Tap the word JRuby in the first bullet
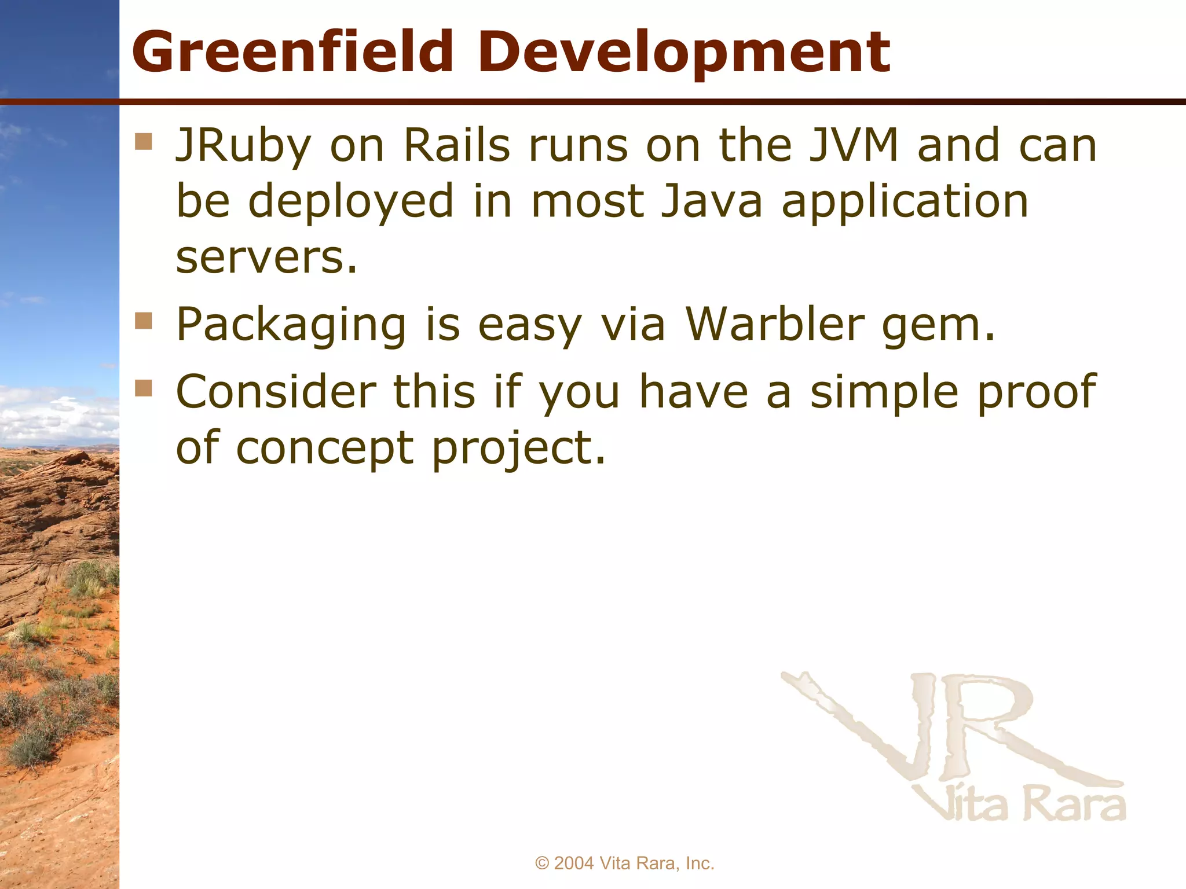pyautogui.click(x=244, y=146)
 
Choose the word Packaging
pyautogui.click(x=291, y=325)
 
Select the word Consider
pyautogui.click(x=276, y=392)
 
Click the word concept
pyautogui.click(x=325, y=449)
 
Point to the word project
pyautogui.click(x=519, y=450)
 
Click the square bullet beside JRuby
pyautogui.click(x=143, y=142)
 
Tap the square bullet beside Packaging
pyautogui.click(x=143, y=321)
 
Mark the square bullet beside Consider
pyautogui.click(x=143, y=388)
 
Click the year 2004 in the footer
pyautogui.click(x=574, y=864)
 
